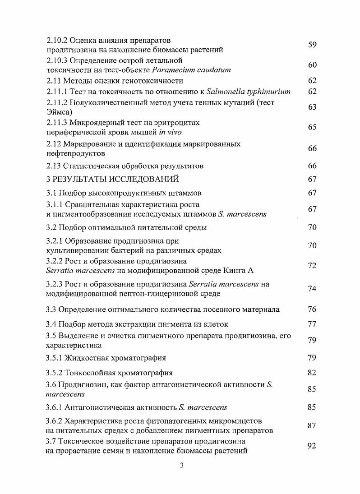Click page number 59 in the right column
click(312, 45)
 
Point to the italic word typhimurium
click(268, 92)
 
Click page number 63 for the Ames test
click(312, 107)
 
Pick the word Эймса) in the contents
click(60, 112)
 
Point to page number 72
click(312, 266)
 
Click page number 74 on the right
click(312, 289)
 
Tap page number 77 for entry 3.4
click(312, 324)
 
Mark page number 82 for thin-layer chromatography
click(312, 373)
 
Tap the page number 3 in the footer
click(180, 466)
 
